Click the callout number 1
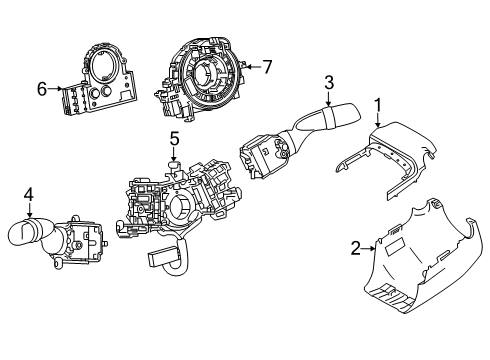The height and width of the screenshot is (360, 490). click(378, 104)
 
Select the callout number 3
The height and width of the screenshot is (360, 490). click(327, 83)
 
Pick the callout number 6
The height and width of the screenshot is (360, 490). click(42, 89)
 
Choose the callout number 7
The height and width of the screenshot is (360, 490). click(267, 67)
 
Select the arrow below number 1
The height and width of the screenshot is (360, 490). click(378, 120)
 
